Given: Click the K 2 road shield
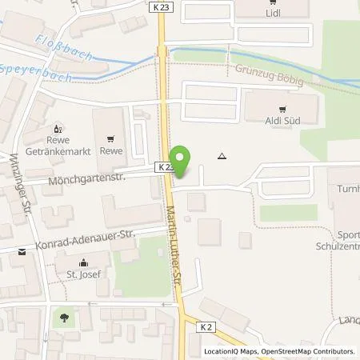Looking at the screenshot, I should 207,325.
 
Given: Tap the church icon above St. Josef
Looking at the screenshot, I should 82,262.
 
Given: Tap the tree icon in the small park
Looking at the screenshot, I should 63,318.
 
